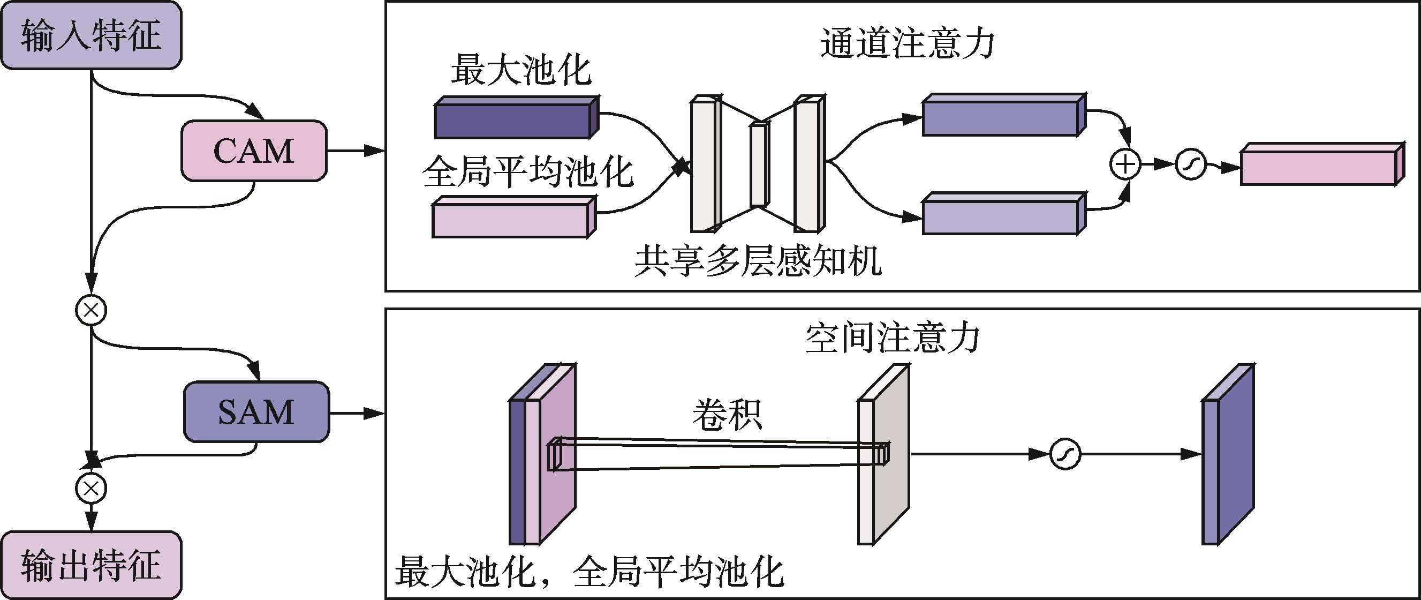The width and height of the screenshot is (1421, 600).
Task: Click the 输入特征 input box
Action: tap(91, 35)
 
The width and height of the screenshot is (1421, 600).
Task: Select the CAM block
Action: tap(254, 151)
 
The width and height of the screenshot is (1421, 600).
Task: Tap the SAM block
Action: tap(256, 412)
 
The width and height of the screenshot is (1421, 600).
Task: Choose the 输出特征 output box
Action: tap(91, 564)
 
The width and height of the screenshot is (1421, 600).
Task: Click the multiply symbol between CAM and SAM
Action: tap(90, 310)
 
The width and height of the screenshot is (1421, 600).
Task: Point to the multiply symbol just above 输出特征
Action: tap(90, 489)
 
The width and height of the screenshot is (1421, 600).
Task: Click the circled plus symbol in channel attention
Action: tap(1125, 164)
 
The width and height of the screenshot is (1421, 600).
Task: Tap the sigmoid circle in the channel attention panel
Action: tap(1190, 164)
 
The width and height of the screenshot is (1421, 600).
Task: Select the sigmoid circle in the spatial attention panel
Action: tap(1064, 454)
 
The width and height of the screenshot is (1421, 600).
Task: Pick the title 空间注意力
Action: tap(892, 337)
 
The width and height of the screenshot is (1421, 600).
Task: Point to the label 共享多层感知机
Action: tap(758, 260)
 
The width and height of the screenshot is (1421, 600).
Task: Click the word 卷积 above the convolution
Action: tap(727, 415)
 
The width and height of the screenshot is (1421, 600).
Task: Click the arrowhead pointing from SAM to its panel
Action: tap(375, 414)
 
